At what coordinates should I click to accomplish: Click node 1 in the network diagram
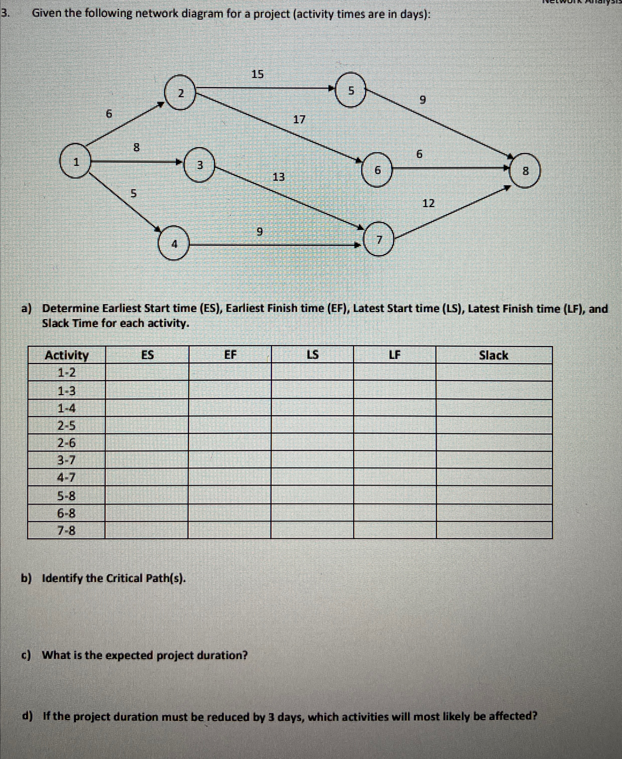point(76,161)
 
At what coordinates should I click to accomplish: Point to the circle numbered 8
point(525,171)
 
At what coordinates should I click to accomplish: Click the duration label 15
point(257,74)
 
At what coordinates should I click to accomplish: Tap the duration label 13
point(279,176)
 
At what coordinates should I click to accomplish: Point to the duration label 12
point(428,203)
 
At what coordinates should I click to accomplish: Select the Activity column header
point(67,355)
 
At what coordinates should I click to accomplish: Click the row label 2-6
point(67,443)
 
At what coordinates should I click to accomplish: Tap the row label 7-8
point(67,530)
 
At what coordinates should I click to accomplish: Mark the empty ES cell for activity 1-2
point(147,372)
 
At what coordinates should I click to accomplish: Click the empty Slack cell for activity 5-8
point(494,496)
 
